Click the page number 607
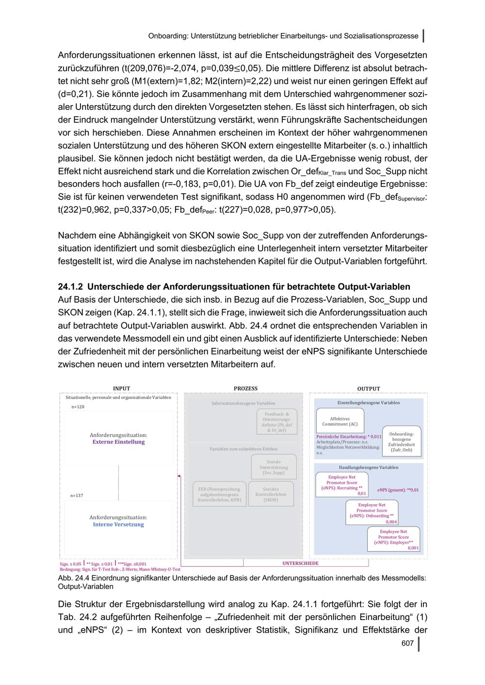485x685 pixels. click(407, 643)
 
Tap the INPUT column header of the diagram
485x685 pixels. click(121, 389)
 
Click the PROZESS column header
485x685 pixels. click(245, 389)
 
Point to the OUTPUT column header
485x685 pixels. click(369, 389)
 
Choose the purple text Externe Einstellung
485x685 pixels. click(118, 442)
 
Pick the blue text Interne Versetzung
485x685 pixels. click(118, 524)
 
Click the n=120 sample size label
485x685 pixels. click(78, 407)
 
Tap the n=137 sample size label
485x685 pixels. click(77, 496)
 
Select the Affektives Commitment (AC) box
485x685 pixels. click(339, 421)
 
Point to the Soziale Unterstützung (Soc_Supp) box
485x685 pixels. click(274, 467)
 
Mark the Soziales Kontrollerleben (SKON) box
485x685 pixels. click(271, 494)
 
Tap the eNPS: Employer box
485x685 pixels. click(393, 539)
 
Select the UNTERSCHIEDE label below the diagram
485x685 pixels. click(301, 563)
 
